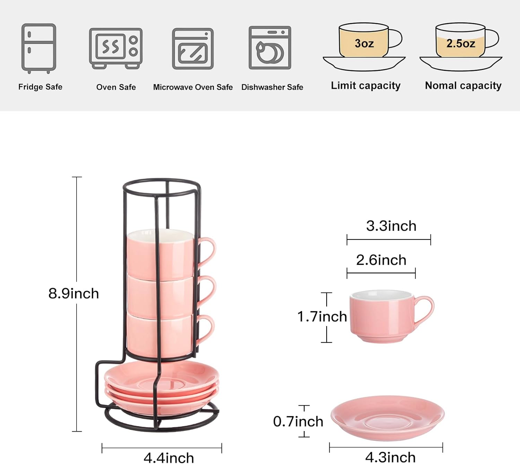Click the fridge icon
(x=39, y=49)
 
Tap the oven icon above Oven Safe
(x=116, y=49)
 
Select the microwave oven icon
(x=193, y=49)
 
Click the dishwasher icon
(x=270, y=48)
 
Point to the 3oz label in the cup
(x=364, y=43)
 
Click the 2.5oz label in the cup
(x=460, y=43)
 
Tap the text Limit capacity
(x=366, y=86)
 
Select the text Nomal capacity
(x=463, y=86)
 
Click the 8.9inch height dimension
(x=73, y=294)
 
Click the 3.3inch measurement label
(x=391, y=226)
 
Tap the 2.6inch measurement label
(x=381, y=260)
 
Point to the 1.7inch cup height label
(x=322, y=316)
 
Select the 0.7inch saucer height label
(x=298, y=421)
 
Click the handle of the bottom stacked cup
(x=207, y=329)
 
